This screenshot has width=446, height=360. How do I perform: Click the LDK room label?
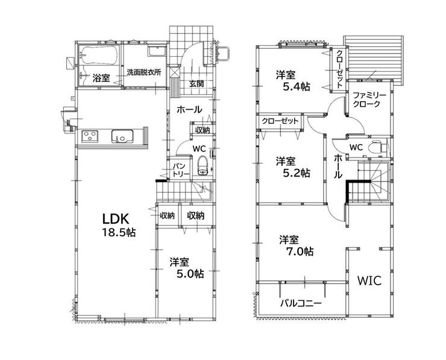tap(116, 219)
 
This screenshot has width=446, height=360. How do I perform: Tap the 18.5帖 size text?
tap(119, 233)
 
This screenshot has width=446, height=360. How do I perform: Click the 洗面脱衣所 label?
tap(144, 72)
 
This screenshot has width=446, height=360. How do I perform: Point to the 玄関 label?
tap(196, 84)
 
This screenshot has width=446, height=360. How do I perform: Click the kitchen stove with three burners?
tap(90, 136)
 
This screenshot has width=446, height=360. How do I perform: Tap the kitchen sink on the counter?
tap(122, 136)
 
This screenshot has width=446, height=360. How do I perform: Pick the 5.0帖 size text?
tap(190, 274)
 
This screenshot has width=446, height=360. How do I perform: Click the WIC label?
tap(369, 281)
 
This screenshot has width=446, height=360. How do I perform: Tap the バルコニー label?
tap(301, 303)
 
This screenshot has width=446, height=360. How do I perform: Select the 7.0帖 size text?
tap(300, 251)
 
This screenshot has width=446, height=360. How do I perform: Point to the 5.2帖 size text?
tap(296, 172)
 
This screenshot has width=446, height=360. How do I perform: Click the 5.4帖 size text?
tap(296, 86)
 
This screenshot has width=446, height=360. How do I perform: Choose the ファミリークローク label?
tap(366, 99)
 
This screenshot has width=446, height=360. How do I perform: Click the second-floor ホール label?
tap(338, 166)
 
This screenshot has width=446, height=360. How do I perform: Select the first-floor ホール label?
tap(189, 110)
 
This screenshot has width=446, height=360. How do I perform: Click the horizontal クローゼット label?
tap(280, 121)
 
